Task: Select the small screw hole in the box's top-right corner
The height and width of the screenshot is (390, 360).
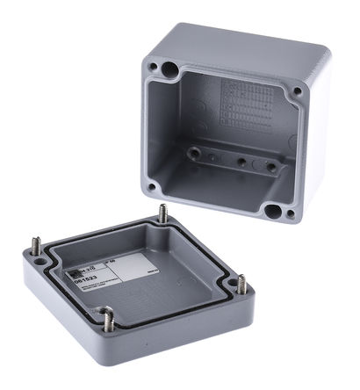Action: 297,90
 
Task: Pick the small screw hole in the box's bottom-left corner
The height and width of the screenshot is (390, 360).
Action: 152,185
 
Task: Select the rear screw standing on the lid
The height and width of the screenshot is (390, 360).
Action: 163,213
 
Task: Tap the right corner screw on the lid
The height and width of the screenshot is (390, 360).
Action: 241,285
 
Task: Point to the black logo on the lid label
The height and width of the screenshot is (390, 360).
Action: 81,258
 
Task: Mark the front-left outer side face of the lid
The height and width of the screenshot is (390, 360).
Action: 61,307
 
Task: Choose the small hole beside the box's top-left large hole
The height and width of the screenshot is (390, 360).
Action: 153,67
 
